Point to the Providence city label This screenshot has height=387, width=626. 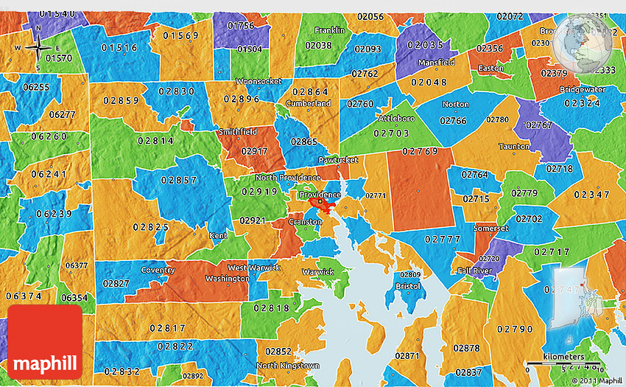click(x=320, y=195)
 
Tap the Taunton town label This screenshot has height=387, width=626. click(x=514, y=146)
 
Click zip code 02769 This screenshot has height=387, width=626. click(x=421, y=151)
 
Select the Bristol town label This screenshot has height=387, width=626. click(x=408, y=286)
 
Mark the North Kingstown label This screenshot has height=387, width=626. click(x=288, y=366)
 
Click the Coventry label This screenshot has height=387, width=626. click(x=158, y=270)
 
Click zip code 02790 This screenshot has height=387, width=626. click(x=515, y=329)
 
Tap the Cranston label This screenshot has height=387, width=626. click(x=305, y=222)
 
